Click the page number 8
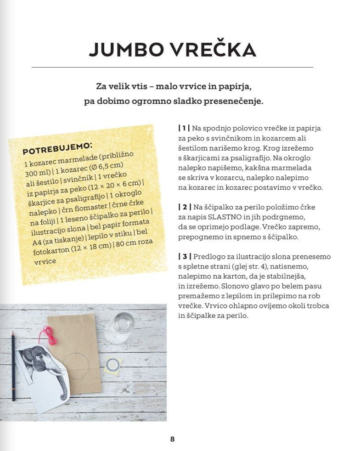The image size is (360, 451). click(x=173, y=439)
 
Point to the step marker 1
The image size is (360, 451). click(x=184, y=128)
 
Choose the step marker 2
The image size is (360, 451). click(x=184, y=208)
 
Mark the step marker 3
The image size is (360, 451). click(x=184, y=257)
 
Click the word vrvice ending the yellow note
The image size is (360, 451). click(x=45, y=261)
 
